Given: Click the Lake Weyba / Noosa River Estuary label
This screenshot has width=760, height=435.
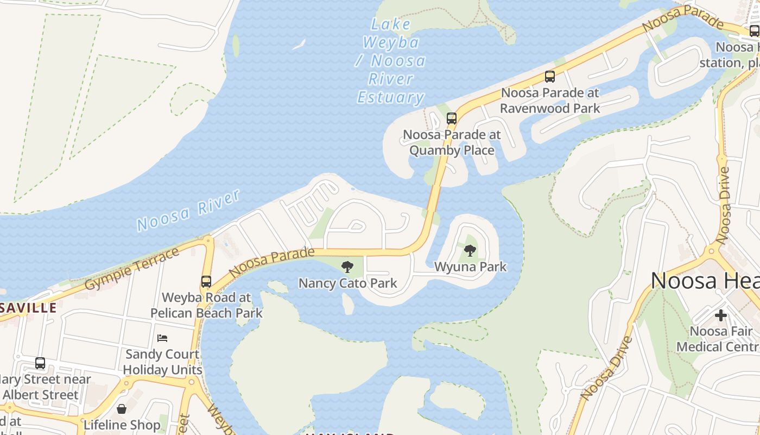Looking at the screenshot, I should pos(390,61).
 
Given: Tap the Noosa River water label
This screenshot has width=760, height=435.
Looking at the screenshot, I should pos(188,210).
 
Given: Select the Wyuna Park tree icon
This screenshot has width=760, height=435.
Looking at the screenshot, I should pos(470,251).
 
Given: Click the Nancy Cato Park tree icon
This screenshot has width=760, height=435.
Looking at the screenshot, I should pos(347,267).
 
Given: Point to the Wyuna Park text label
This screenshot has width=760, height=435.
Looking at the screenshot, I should pos(470,267).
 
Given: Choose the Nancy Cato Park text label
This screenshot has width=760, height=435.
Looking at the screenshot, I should pos(347,283).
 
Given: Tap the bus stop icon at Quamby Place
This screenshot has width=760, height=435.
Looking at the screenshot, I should pos(451,118).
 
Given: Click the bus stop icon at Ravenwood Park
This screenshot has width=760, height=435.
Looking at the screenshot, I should pos(550,77).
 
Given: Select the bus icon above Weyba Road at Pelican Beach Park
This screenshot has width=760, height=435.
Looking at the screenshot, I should pos(206,281).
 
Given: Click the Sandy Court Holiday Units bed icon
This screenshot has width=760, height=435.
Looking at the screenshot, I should pos(162,338).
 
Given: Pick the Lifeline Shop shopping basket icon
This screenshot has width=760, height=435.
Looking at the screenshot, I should pos(122,408).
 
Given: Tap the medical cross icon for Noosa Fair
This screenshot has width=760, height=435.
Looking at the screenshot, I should pos(721,315).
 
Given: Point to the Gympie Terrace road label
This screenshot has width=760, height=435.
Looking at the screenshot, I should pos(132,269).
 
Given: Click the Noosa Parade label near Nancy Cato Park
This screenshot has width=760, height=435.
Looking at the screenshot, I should pos(271,262).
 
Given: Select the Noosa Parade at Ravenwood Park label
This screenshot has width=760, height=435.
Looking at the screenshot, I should pos(550,101).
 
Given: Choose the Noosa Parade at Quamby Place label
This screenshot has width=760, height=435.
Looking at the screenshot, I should pos(452,142).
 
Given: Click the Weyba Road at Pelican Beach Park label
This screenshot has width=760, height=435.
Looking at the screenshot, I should pos(206,305).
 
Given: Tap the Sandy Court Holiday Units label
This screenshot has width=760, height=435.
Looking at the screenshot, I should pos(162,362).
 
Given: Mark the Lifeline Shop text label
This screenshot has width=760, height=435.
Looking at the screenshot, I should pos(122,425).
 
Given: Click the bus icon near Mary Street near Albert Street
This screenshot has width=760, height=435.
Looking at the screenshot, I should pos(40,363).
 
